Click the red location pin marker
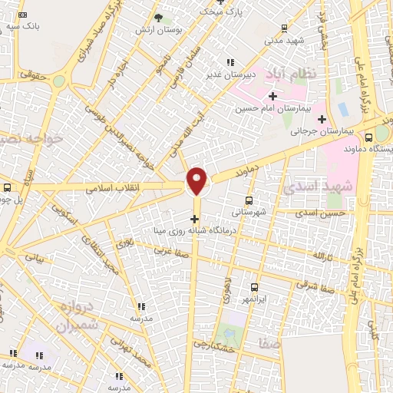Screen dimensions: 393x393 197,180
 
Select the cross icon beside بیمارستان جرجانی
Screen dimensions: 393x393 322,118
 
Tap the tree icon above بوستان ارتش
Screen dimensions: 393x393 159,17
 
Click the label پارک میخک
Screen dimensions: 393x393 221,12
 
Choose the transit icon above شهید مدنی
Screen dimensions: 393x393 286,28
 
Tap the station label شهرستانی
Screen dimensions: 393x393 250,212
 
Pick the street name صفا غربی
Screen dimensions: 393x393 170,250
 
